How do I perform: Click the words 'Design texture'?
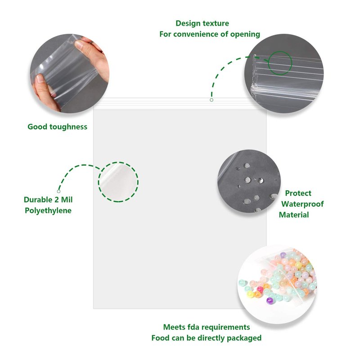point(202,23)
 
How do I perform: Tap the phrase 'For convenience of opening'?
point(210,34)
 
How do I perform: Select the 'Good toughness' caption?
point(57,127)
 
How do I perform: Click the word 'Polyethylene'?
point(48,210)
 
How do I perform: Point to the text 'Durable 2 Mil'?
point(48,199)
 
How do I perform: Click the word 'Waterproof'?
point(302,204)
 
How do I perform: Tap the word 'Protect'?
point(298,193)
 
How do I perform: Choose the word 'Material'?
point(294,215)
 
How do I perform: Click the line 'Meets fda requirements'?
point(206,327)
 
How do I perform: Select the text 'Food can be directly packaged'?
point(206,338)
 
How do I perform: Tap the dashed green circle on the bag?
point(118,182)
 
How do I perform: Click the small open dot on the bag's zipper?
point(211,100)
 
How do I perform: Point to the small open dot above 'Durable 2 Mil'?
point(58,191)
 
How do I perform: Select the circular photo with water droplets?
point(249,181)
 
